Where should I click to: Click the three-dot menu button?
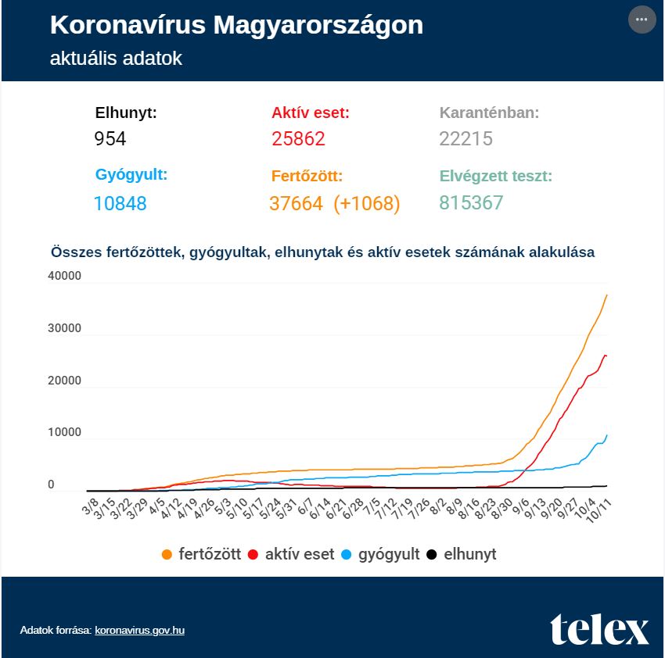pyautogui.click(x=642, y=20)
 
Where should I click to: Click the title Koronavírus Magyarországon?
pyautogui.click(x=236, y=25)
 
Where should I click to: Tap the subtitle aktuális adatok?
pyautogui.click(x=116, y=59)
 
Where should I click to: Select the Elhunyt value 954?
pyautogui.click(x=110, y=138)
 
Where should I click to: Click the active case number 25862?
pyautogui.click(x=298, y=138)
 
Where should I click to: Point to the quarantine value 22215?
pyautogui.click(x=465, y=138)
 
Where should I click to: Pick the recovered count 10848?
pyautogui.click(x=120, y=203)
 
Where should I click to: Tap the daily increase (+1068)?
pyautogui.click(x=366, y=203)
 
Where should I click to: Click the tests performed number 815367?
pyautogui.click(x=471, y=202)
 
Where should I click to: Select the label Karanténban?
pyautogui.click(x=489, y=113)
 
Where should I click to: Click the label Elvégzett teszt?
pyautogui.click(x=496, y=176)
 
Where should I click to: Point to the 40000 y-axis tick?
pyautogui.click(x=64, y=276)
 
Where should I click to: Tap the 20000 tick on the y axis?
pyautogui.click(x=64, y=381)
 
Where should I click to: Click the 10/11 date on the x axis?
pyautogui.click(x=599, y=510)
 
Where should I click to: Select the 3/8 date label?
pyautogui.click(x=90, y=506)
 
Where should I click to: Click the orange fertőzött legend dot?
pyautogui.click(x=167, y=554)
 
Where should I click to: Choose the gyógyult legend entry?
pyautogui.click(x=380, y=554)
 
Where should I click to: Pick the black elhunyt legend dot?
pyautogui.click(x=432, y=554)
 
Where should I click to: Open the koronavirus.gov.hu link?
pyautogui.click(x=139, y=630)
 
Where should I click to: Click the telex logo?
pyautogui.click(x=599, y=629)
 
